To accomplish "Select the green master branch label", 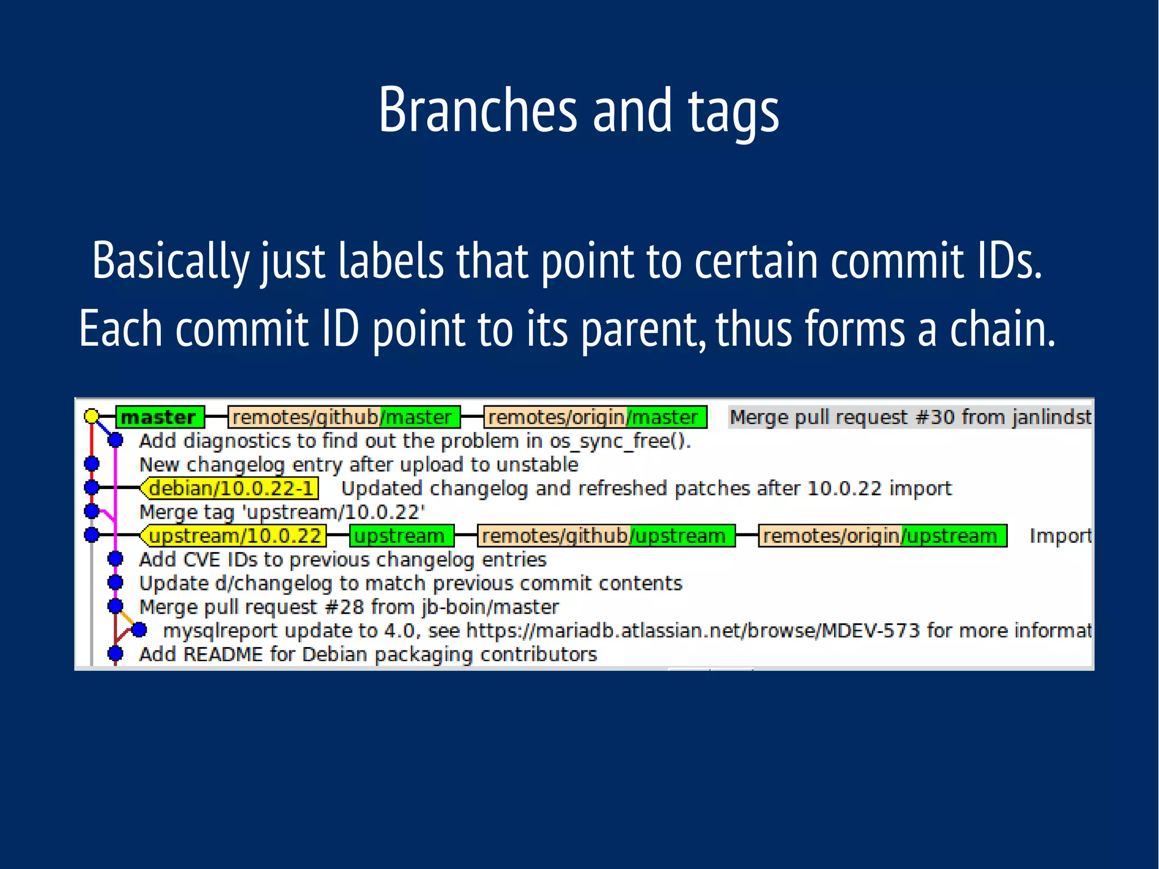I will point(159,417).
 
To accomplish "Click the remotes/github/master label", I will point(343,417).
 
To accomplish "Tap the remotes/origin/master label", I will point(594,417).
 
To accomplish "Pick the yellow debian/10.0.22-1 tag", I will point(230,488).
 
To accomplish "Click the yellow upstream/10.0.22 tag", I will point(234,536).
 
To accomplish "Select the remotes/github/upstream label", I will point(605,536).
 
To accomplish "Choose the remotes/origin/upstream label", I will point(882,536).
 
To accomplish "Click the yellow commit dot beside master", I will point(92,417).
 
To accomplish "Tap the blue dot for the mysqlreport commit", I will point(139,630).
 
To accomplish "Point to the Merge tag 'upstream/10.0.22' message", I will point(282,512).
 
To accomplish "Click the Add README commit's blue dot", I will point(115,654).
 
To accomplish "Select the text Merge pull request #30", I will point(841,417).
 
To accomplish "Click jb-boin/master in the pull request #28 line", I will point(490,607).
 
